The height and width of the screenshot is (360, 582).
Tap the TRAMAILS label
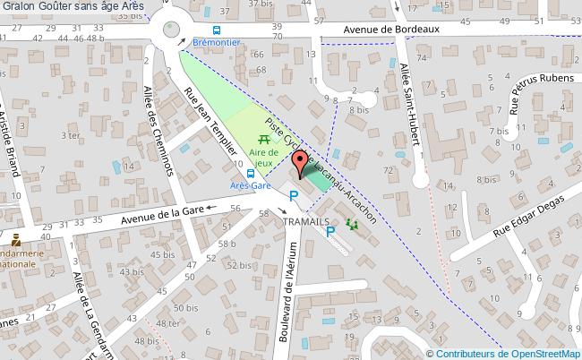[x=307, y=221]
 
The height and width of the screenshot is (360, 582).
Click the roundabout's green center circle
[x=168, y=31]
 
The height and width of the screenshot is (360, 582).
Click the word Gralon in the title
[x=19, y=7]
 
